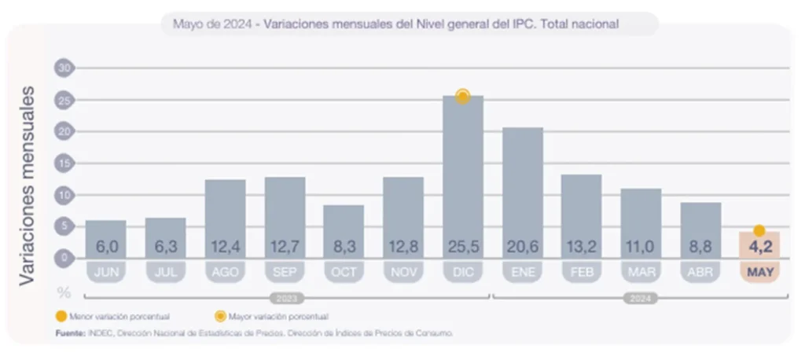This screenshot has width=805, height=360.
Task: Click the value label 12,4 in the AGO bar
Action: point(225,247)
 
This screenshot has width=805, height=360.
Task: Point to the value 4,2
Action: point(759,247)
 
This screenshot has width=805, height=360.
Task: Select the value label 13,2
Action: point(582,247)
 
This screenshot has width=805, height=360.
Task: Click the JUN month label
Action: point(105,272)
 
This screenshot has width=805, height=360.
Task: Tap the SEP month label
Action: point(285,272)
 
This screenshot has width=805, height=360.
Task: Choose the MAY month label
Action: point(759,272)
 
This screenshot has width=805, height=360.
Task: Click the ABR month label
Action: point(700,272)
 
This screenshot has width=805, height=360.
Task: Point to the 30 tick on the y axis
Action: point(64,68)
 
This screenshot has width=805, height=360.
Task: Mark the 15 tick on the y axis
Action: point(64,163)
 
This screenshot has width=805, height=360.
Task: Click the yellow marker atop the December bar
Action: point(463,96)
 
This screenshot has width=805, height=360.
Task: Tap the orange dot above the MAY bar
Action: point(759,230)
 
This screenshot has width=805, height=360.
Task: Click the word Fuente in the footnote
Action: point(71,333)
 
